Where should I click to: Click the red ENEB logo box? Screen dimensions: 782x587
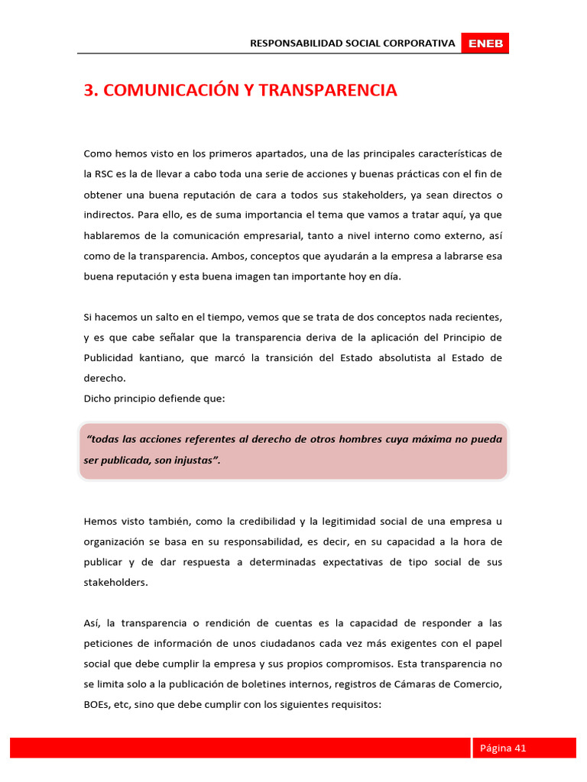pyautogui.click(x=485, y=44)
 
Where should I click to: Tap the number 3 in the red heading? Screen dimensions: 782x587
pyautogui.click(x=89, y=90)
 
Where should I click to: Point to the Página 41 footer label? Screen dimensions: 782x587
pyautogui.click(x=503, y=748)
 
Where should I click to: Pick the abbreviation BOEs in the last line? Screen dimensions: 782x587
pyautogui.click(x=98, y=705)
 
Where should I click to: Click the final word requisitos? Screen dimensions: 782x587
pyautogui.click(x=353, y=705)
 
